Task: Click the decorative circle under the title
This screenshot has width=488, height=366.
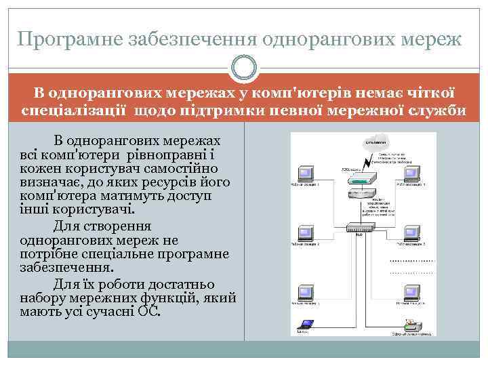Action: coord(243,68)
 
